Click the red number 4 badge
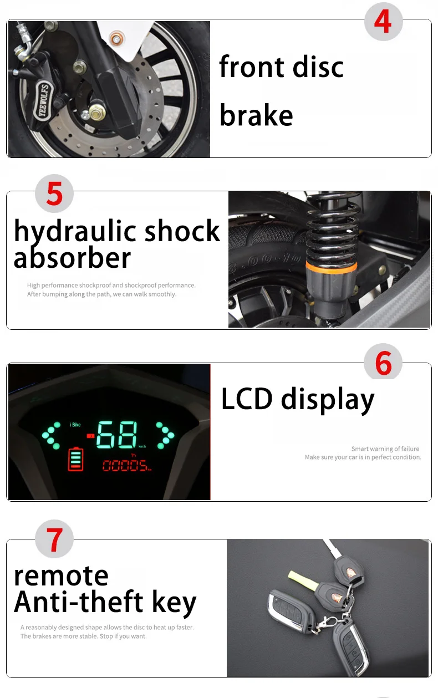pyautogui.click(x=384, y=22)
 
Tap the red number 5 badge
pyautogui.click(x=54, y=193)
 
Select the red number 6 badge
pyautogui.click(x=383, y=363)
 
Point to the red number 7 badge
pyautogui.click(x=54, y=539)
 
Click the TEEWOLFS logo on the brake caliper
pyautogui.click(x=43, y=100)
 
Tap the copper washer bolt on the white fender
pyautogui.click(x=116, y=39)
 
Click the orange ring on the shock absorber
pyautogui.click(x=331, y=268)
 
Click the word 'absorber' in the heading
pyautogui.click(x=72, y=257)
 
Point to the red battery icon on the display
pyautogui.click(x=76, y=459)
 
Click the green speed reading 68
pyautogui.click(x=116, y=435)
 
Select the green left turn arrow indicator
pyautogui.click(x=51, y=435)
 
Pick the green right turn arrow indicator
pyautogui.click(x=165, y=435)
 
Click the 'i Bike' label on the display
pyautogui.click(x=75, y=425)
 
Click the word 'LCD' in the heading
pyautogui.click(x=247, y=399)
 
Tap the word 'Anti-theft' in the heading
pyautogui.click(x=78, y=602)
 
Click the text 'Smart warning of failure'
pyautogui.click(x=385, y=449)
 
